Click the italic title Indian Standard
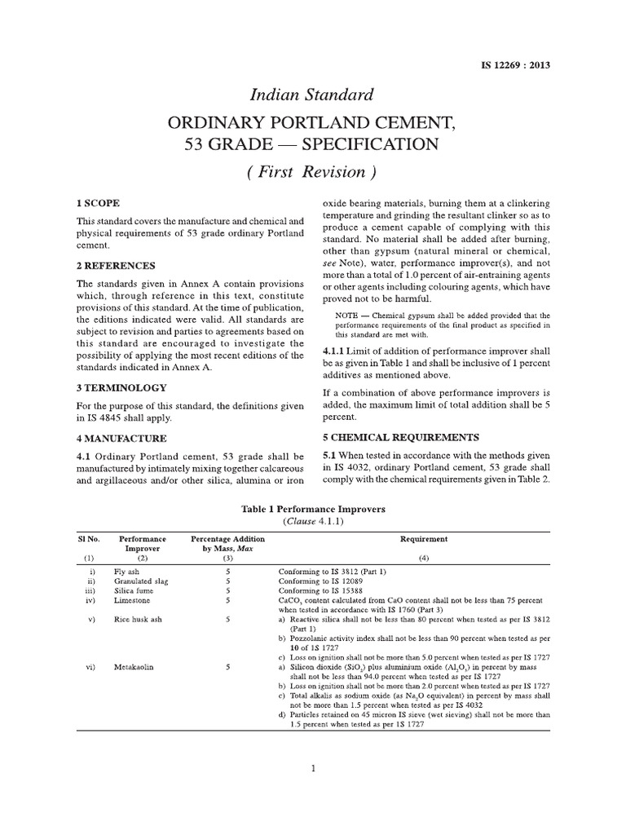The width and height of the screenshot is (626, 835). (314, 94)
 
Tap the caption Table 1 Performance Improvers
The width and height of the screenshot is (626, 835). (313, 508)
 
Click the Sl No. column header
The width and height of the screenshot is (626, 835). (88, 539)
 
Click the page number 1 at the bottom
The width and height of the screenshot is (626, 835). (313, 767)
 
